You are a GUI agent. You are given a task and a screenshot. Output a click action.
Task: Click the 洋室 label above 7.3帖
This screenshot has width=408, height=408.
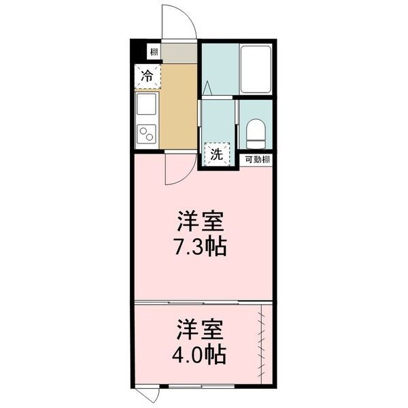(201, 222)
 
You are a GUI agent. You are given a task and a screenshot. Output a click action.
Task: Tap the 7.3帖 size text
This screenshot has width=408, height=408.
(201, 245)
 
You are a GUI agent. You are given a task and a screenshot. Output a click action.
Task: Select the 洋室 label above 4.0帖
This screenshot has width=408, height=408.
(201, 330)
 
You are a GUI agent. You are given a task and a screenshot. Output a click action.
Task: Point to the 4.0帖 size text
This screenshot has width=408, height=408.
(201, 354)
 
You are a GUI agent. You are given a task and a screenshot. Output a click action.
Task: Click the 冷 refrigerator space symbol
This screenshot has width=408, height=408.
(147, 76)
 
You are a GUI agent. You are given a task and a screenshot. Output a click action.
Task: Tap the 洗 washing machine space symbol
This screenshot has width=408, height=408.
(216, 154)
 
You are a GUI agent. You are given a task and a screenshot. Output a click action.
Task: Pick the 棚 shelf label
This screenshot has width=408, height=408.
(155, 52)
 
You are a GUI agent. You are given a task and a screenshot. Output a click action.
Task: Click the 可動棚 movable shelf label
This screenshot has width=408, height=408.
(258, 160)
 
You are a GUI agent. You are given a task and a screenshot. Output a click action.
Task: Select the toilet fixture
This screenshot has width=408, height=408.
(257, 134)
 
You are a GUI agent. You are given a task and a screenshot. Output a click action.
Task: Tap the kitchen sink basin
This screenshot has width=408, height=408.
(146, 106)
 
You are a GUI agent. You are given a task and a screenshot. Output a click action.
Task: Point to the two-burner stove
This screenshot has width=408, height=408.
(146, 134)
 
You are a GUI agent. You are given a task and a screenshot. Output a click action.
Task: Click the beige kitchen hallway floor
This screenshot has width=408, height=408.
(178, 109)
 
